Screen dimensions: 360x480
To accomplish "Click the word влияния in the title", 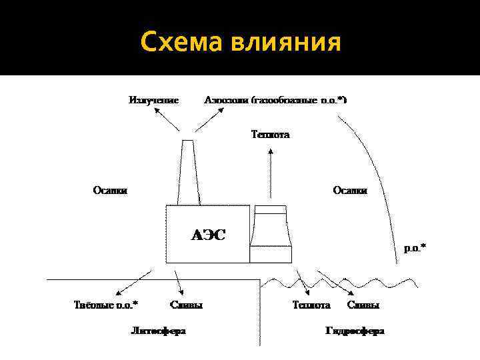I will pyautogui.click(x=287, y=44).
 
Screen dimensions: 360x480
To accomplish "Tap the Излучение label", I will pyautogui.click(x=154, y=100).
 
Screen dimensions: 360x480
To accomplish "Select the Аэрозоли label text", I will pyautogui.click(x=227, y=100).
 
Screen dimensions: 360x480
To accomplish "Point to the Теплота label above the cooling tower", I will pyautogui.click(x=270, y=134).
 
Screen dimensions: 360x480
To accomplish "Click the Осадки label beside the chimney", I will pyautogui.click(x=110, y=190).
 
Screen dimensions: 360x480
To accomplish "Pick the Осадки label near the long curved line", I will pyautogui.click(x=350, y=190).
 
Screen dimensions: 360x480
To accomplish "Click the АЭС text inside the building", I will pyautogui.click(x=209, y=235).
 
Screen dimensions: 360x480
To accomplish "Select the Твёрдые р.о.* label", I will pyautogui.click(x=106, y=305).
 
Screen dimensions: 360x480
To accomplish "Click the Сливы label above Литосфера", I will pyautogui.click(x=187, y=305).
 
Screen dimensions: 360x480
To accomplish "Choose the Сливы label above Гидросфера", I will pyautogui.click(x=363, y=305).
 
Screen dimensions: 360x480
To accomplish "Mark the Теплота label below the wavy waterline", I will pyautogui.click(x=311, y=305).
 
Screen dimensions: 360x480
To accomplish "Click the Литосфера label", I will pyautogui.click(x=158, y=330).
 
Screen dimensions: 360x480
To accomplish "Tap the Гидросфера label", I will pyautogui.click(x=355, y=330).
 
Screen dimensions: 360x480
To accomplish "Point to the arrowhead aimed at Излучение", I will pyautogui.click(x=157, y=113).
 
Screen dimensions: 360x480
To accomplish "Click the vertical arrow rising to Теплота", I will pyautogui.click(x=270, y=173).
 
